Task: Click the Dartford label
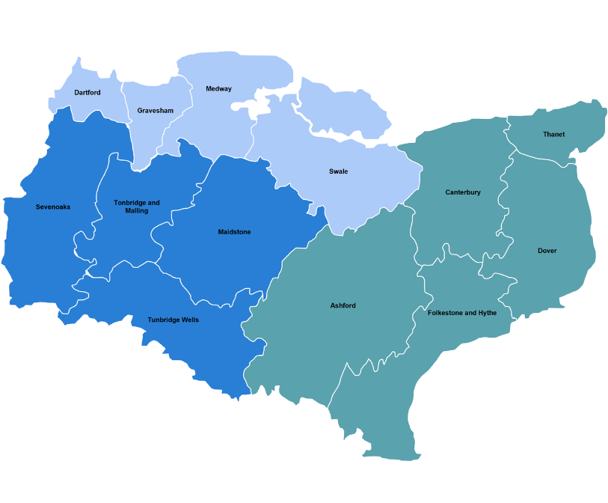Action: click(x=87, y=93)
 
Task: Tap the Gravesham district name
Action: click(x=155, y=111)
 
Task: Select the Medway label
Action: click(x=218, y=89)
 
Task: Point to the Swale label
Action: click(x=338, y=171)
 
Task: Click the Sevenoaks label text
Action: click(x=53, y=207)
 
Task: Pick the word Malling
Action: click(x=137, y=211)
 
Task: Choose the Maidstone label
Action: click(x=234, y=232)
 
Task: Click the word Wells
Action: click(x=189, y=320)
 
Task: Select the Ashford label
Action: click(x=343, y=305)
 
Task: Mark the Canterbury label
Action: click(x=463, y=192)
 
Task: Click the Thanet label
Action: click(x=553, y=135)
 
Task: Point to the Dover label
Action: click(x=547, y=251)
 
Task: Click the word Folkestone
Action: click(x=446, y=313)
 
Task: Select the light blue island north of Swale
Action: click(x=340, y=109)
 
